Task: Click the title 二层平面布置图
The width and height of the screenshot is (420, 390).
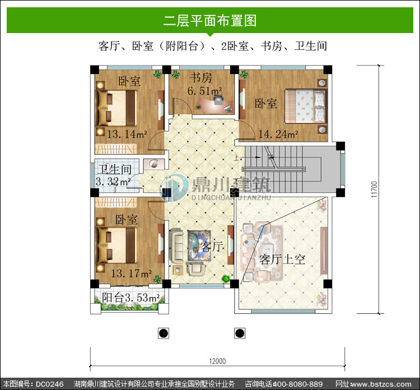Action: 210,21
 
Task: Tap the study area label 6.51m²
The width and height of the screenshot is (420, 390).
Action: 204,91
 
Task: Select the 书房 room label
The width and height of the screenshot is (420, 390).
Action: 201,78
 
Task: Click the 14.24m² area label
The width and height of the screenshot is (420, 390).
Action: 278,134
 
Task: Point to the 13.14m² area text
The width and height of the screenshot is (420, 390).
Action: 127,134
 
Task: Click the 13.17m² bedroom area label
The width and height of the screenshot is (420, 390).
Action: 131,273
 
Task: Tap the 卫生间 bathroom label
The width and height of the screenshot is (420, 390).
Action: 115,169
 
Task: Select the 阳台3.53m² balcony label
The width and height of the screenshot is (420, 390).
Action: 130,298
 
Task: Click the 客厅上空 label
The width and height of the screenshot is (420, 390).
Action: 282,259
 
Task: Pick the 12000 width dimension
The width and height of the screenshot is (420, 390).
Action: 217,361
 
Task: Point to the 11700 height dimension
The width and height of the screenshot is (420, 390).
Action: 374,189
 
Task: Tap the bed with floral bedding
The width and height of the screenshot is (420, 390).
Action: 305,106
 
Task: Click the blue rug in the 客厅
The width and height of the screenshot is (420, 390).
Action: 199,245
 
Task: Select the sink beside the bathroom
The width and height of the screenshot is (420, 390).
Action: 154,164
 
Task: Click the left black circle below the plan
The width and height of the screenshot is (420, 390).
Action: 164,333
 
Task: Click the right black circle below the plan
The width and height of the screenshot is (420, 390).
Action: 240,333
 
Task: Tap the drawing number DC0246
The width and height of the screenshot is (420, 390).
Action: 49,384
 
